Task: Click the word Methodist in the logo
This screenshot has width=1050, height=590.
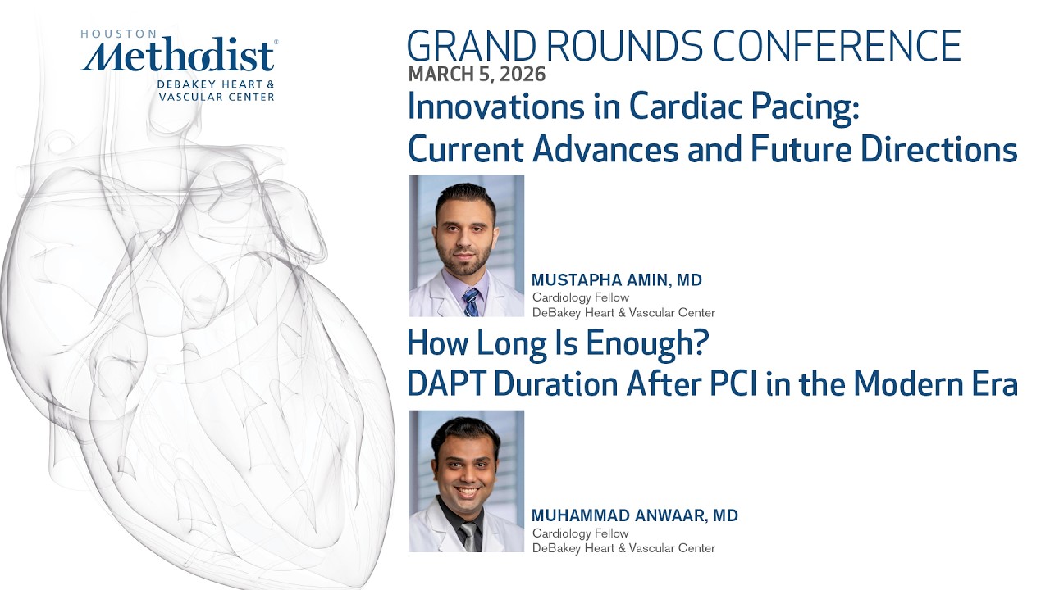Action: tap(179, 57)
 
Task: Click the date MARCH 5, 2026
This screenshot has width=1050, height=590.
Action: tap(476, 74)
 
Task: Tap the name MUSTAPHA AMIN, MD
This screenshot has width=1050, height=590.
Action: tap(617, 280)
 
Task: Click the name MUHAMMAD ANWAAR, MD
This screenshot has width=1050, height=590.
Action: tap(635, 515)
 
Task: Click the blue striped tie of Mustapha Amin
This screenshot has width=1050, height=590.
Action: tap(471, 302)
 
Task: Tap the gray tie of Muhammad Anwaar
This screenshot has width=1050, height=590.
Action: tap(468, 537)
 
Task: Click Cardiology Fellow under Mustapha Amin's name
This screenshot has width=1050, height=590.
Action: tap(581, 297)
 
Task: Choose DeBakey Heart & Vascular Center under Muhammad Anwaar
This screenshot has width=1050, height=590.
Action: tap(623, 548)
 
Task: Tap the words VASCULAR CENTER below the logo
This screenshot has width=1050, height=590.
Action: tap(217, 97)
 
